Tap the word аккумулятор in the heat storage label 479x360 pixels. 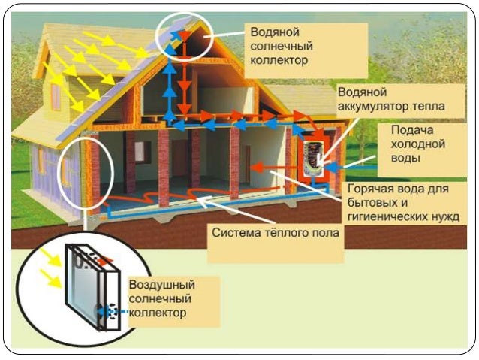(374, 107)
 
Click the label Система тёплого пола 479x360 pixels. (276, 232)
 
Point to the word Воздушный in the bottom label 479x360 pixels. (162, 286)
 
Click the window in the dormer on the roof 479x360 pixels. (56, 98)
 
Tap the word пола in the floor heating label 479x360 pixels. (325, 232)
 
